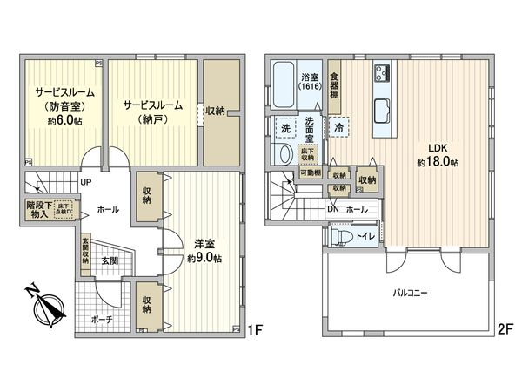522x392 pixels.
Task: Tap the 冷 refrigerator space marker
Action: click(x=338, y=128)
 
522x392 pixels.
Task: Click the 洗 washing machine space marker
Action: click(x=284, y=129)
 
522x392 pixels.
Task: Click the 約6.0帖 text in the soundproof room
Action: click(x=59, y=122)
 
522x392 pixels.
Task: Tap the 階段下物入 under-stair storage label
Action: click(x=37, y=210)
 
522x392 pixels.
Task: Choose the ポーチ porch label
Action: click(x=102, y=319)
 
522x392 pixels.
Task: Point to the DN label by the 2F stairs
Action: click(x=332, y=209)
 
